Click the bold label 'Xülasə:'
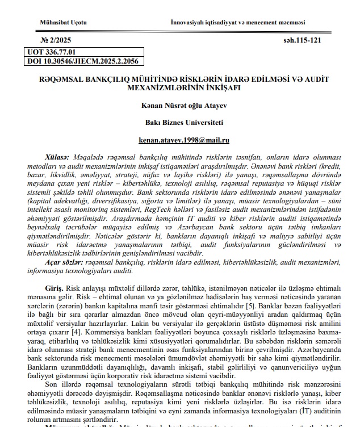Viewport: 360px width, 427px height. (x=56, y=156)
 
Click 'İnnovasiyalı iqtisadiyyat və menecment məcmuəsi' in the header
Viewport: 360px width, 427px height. (x=238, y=22)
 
